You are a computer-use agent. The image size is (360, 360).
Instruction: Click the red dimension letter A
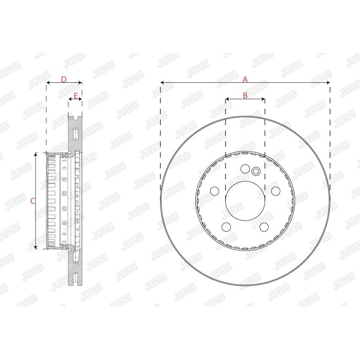(245, 80)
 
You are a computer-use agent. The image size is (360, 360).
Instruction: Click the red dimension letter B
(245, 95)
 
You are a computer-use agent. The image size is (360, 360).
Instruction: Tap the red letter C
(33, 201)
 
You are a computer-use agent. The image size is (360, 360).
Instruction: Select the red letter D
(64, 80)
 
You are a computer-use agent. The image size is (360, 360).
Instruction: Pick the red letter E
(76, 96)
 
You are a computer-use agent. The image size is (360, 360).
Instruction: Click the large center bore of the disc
(245, 201)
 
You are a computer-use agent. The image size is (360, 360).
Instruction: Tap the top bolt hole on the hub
(245, 169)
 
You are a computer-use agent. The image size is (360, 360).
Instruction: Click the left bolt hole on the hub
(215, 191)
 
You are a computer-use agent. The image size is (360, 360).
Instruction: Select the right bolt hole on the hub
(275, 191)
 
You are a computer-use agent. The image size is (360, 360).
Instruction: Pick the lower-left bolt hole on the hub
(226, 227)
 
